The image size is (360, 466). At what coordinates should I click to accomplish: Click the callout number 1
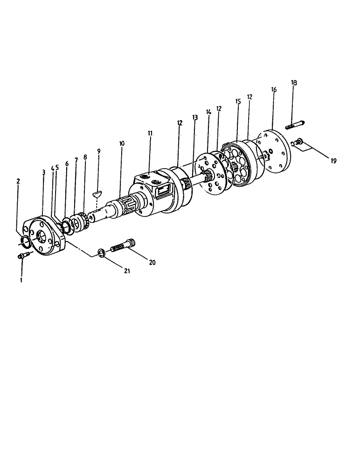[x=20, y=280]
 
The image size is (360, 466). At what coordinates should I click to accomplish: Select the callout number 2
[x=19, y=181]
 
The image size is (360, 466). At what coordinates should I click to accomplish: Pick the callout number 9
[x=98, y=151]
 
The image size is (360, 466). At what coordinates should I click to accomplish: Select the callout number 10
[x=122, y=144]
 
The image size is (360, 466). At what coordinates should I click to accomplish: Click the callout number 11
[x=150, y=133]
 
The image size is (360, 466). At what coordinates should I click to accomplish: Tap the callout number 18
[x=294, y=82]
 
